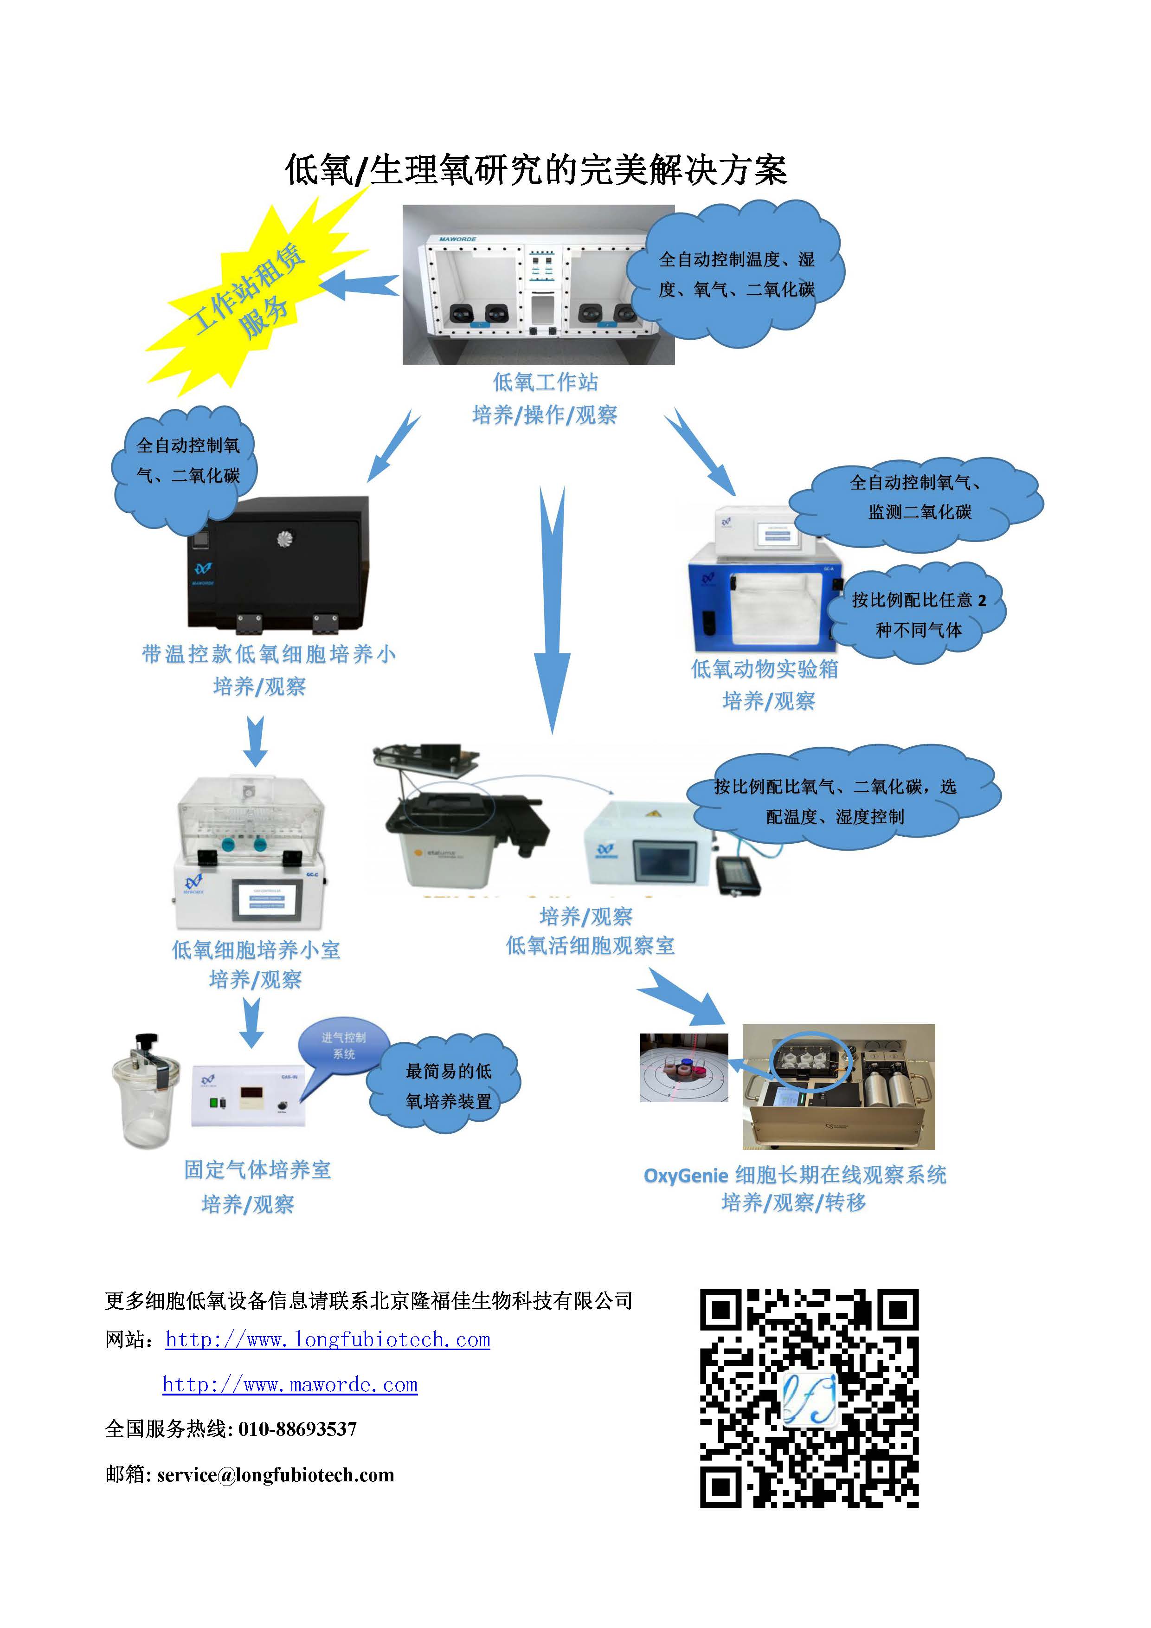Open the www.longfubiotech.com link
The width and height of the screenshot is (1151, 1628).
click(x=328, y=1339)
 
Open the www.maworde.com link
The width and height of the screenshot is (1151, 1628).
click(x=290, y=1384)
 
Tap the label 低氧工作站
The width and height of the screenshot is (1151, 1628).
click(x=545, y=382)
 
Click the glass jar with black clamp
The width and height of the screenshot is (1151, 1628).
click(x=145, y=1092)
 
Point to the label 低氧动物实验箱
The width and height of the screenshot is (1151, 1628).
click(x=764, y=669)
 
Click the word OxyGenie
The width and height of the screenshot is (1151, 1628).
click(x=685, y=1176)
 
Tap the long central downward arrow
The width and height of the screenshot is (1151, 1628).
click(x=552, y=610)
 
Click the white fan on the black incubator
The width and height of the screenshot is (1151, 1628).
click(x=286, y=540)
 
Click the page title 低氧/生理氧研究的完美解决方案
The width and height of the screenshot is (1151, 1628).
click(x=536, y=170)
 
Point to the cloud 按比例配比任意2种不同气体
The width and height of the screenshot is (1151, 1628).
click(x=918, y=614)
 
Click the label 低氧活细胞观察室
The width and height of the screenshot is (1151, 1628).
click(x=590, y=945)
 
